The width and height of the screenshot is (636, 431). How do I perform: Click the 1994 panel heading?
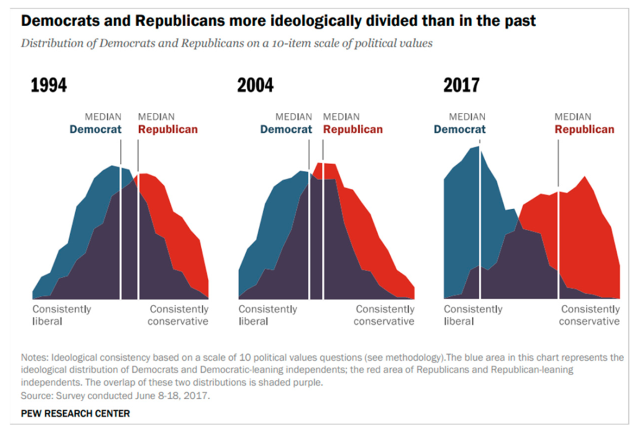tap(49, 85)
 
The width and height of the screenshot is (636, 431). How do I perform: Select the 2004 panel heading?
tap(255, 85)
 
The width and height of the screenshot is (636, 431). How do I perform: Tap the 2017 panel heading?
tap(461, 85)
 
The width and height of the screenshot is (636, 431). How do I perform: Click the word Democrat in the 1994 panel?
tap(95, 129)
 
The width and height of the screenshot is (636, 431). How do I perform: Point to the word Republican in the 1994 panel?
tap(168, 129)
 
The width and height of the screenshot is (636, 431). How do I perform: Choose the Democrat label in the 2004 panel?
tap(286, 129)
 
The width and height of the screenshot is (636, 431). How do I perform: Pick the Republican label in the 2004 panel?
tap(353, 129)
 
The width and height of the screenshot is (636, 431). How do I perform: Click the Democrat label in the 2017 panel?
tap(460, 129)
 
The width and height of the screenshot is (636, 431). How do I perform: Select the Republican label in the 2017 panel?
tap(584, 129)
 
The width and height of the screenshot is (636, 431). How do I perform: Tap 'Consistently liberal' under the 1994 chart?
tap(61, 315)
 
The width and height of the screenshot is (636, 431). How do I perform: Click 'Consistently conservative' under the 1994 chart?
tap(178, 315)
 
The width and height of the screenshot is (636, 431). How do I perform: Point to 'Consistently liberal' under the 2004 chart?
tap(268, 315)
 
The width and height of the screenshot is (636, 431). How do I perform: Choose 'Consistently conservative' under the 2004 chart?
tap(384, 315)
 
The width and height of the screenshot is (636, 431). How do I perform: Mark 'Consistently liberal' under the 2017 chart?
tap(473, 315)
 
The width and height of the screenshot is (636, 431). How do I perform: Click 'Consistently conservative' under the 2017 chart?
tap(589, 315)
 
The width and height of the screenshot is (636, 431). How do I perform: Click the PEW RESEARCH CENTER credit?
tap(75, 413)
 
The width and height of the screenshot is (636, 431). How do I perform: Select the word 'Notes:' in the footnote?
tap(35, 358)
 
